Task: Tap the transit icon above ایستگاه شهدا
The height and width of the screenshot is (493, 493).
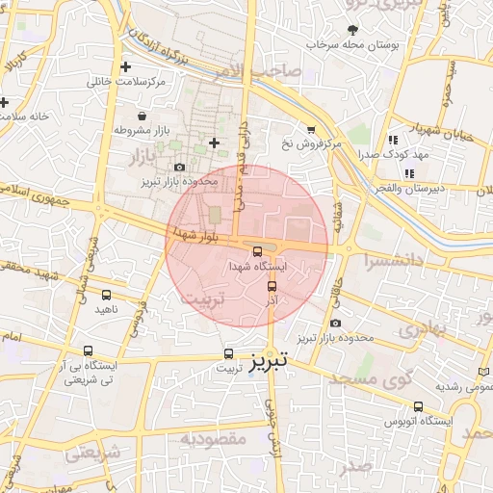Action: pos(257,251)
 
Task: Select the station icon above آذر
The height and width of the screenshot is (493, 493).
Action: pos(272,286)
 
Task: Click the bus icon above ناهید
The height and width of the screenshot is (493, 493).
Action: pos(106,296)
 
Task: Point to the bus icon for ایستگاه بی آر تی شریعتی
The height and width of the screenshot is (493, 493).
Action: pos(90,351)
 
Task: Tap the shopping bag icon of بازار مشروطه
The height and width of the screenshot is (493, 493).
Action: pos(142,116)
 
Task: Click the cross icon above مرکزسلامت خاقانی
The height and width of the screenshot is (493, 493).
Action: pos(126,67)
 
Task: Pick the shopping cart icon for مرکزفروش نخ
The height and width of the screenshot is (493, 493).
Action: pos(310,130)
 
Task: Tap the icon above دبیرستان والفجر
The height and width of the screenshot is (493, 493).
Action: pos(410,173)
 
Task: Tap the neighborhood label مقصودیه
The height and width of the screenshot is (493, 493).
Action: pos(215,438)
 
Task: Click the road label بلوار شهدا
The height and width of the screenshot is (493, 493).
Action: pos(196,232)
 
